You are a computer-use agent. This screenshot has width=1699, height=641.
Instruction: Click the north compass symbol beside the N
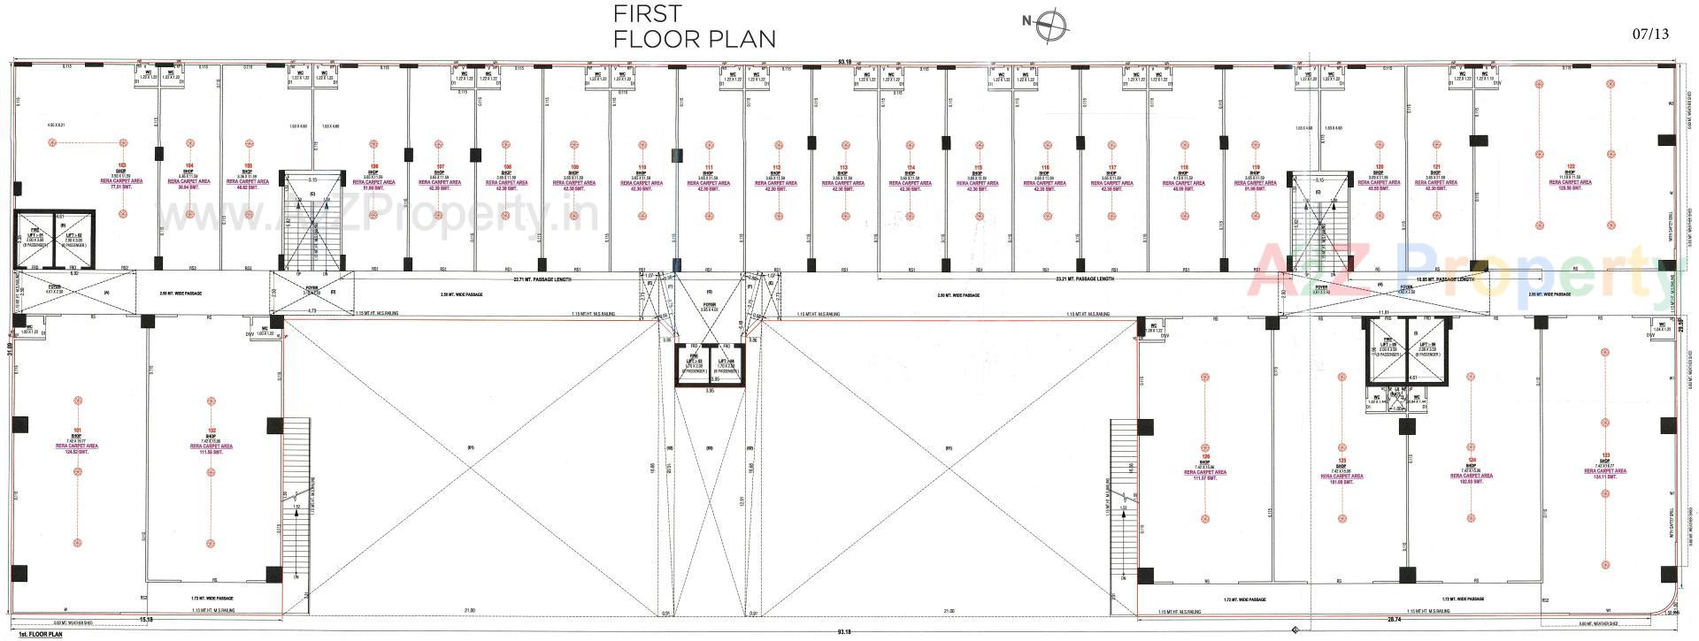click(1053, 23)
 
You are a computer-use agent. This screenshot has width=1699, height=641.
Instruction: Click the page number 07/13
click(1649, 34)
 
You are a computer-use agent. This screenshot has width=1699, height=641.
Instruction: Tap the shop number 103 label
click(122, 165)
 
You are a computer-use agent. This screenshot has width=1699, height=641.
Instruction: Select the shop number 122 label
click(1571, 166)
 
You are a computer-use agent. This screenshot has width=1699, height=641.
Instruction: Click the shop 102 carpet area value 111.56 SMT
click(211, 453)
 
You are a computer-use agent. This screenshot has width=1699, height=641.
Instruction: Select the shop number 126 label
click(1204, 456)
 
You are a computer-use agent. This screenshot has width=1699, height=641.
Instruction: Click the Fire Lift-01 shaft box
click(36, 239)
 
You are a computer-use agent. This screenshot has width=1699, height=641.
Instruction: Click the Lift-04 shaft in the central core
click(726, 364)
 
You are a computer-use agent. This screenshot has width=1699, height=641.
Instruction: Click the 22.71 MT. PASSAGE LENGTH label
click(543, 279)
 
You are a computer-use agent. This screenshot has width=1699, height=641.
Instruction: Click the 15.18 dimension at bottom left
click(147, 620)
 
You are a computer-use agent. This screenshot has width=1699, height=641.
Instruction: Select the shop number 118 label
click(1183, 166)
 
